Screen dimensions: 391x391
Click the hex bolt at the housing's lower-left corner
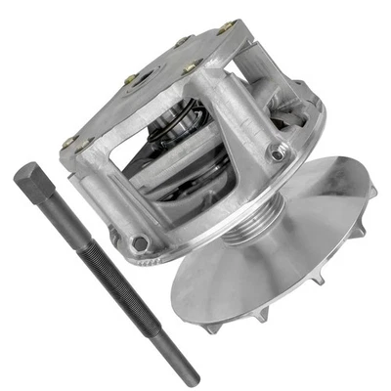pyautogui.click(x=140, y=241)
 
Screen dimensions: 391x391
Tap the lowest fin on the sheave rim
pyautogui.click(x=213, y=327)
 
